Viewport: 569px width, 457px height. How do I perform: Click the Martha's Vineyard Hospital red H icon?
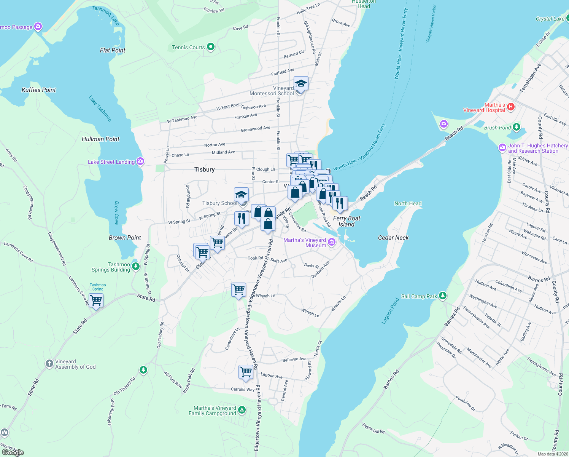click(511, 107)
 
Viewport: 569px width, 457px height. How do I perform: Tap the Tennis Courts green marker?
click(211, 47)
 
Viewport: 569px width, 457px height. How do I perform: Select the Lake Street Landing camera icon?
click(140, 162)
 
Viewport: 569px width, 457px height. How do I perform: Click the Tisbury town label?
click(204, 169)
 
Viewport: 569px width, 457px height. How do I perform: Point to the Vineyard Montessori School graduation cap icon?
click(301, 83)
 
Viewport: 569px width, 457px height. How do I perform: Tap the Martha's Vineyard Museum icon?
click(332, 242)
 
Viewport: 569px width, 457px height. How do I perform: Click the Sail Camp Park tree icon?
click(442, 296)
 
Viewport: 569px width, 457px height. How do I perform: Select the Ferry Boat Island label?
click(346, 221)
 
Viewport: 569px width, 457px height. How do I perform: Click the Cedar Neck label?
click(393, 238)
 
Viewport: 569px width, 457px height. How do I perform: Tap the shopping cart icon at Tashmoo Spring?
click(96, 300)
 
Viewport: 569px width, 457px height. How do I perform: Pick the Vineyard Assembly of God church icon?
click(49, 364)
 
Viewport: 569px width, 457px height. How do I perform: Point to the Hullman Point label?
click(100, 139)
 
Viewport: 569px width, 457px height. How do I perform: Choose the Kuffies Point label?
click(39, 90)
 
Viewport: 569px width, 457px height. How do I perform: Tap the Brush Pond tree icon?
click(516, 127)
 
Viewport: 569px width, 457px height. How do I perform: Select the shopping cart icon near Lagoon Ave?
click(246, 371)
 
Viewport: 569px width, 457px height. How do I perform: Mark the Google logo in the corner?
click(13, 452)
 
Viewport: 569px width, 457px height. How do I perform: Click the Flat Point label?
click(113, 50)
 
